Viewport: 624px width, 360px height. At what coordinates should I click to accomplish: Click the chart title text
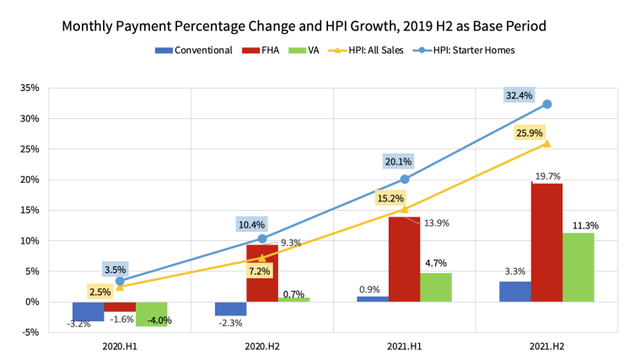304,26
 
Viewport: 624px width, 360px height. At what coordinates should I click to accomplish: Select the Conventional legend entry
194,50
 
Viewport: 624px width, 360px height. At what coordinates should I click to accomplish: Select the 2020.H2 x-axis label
262,347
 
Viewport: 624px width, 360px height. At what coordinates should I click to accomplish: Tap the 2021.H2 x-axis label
546,347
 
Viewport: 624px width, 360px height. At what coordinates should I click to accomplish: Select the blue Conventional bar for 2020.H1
89,311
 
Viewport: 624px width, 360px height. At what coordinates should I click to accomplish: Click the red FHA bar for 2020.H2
262,273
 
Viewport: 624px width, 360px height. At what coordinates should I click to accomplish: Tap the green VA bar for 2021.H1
436,287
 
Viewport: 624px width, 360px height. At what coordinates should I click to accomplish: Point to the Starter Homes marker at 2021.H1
405,179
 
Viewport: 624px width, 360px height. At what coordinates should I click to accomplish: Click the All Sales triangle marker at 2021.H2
546,143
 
